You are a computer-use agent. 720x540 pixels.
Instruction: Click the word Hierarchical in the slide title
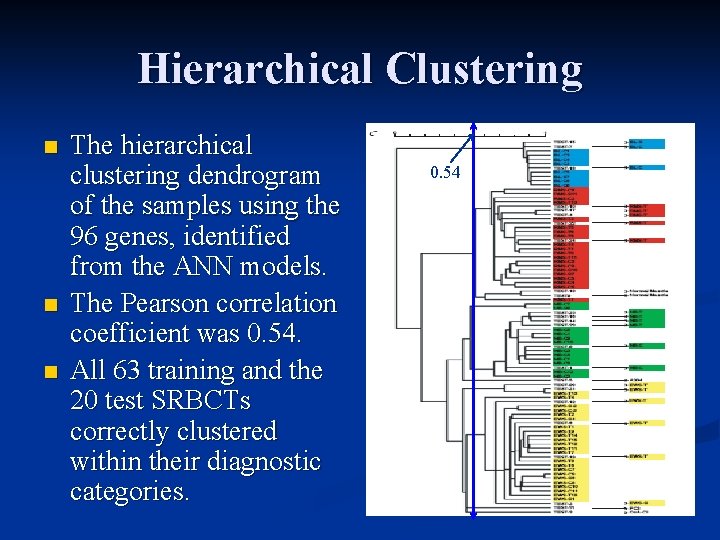point(254,69)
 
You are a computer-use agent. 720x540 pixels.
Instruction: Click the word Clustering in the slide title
point(483,69)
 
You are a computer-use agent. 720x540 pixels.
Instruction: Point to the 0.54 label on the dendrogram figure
point(445,173)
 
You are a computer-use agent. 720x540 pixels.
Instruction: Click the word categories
point(129,492)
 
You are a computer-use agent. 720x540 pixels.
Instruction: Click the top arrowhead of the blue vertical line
point(475,127)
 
